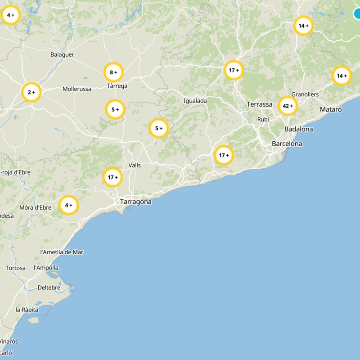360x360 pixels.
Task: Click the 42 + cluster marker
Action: [x=288, y=106]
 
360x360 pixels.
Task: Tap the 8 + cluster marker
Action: [x=113, y=72]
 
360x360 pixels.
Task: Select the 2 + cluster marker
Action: [x=31, y=92]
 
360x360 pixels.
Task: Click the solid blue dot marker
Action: [x=358, y=14]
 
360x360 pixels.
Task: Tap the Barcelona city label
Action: [x=287, y=144]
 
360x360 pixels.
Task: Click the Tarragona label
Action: [x=135, y=202]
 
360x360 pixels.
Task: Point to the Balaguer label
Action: [x=62, y=54]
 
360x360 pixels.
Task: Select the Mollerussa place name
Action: [x=77, y=89]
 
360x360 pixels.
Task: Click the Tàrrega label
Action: [x=117, y=86]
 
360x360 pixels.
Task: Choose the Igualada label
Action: [x=195, y=101]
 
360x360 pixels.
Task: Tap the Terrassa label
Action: [x=259, y=104]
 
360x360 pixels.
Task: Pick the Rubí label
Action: [x=263, y=120]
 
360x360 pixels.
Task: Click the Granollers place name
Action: [x=305, y=94]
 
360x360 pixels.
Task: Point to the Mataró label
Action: [x=331, y=109]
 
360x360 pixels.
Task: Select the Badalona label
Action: [x=298, y=129]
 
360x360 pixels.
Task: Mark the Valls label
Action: [x=134, y=166]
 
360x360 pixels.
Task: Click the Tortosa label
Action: [x=16, y=268]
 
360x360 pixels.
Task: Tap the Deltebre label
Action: [x=49, y=287]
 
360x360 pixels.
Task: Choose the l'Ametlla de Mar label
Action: [x=62, y=252]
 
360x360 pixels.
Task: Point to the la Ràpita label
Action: [x=27, y=310]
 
